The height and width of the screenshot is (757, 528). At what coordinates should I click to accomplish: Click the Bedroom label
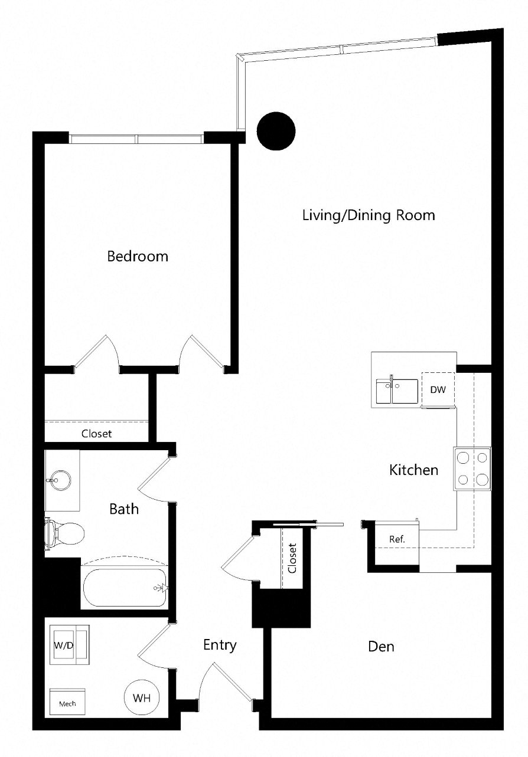click(138, 257)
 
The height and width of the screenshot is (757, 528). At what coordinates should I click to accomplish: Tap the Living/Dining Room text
click(369, 215)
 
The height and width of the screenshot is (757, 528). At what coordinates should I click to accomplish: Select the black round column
click(276, 131)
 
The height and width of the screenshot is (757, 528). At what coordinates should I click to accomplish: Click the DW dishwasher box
click(438, 389)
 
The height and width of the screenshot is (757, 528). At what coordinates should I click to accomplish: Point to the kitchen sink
click(397, 391)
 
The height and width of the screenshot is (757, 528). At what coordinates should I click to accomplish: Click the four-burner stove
click(472, 468)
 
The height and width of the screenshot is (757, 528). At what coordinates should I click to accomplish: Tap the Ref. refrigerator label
click(397, 539)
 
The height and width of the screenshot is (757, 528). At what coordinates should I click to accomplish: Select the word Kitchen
click(413, 470)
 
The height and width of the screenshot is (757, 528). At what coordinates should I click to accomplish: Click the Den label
click(381, 647)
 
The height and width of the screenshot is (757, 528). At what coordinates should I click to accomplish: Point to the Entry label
click(220, 645)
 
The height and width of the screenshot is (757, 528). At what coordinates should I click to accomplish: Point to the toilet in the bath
click(64, 533)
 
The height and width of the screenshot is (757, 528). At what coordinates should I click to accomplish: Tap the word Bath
click(124, 509)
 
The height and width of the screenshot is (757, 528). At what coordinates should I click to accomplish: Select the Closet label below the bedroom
click(96, 434)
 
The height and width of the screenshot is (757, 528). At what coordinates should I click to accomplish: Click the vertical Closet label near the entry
click(292, 558)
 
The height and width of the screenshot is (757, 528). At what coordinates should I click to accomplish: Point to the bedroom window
click(136, 139)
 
